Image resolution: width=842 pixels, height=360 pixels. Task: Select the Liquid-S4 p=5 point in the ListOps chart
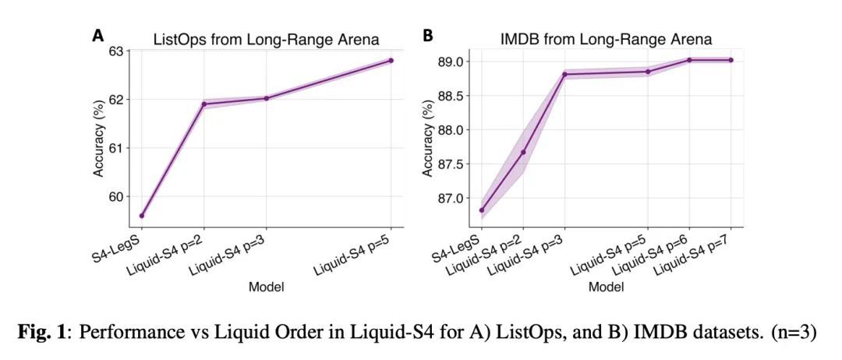[391, 60]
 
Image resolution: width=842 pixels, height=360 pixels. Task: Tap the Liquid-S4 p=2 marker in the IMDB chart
[523, 152]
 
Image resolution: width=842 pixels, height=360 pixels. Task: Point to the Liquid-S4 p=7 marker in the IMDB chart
[731, 60]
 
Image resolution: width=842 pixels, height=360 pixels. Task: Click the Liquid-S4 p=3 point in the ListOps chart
[266, 98]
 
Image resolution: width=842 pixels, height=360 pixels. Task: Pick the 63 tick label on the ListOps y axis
[115, 51]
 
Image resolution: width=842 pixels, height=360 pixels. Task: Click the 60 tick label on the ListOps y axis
[115, 196]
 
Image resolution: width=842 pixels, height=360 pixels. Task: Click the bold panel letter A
[97, 35]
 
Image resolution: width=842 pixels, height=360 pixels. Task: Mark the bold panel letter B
[427, 35]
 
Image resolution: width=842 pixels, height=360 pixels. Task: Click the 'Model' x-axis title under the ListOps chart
[266, 287]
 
